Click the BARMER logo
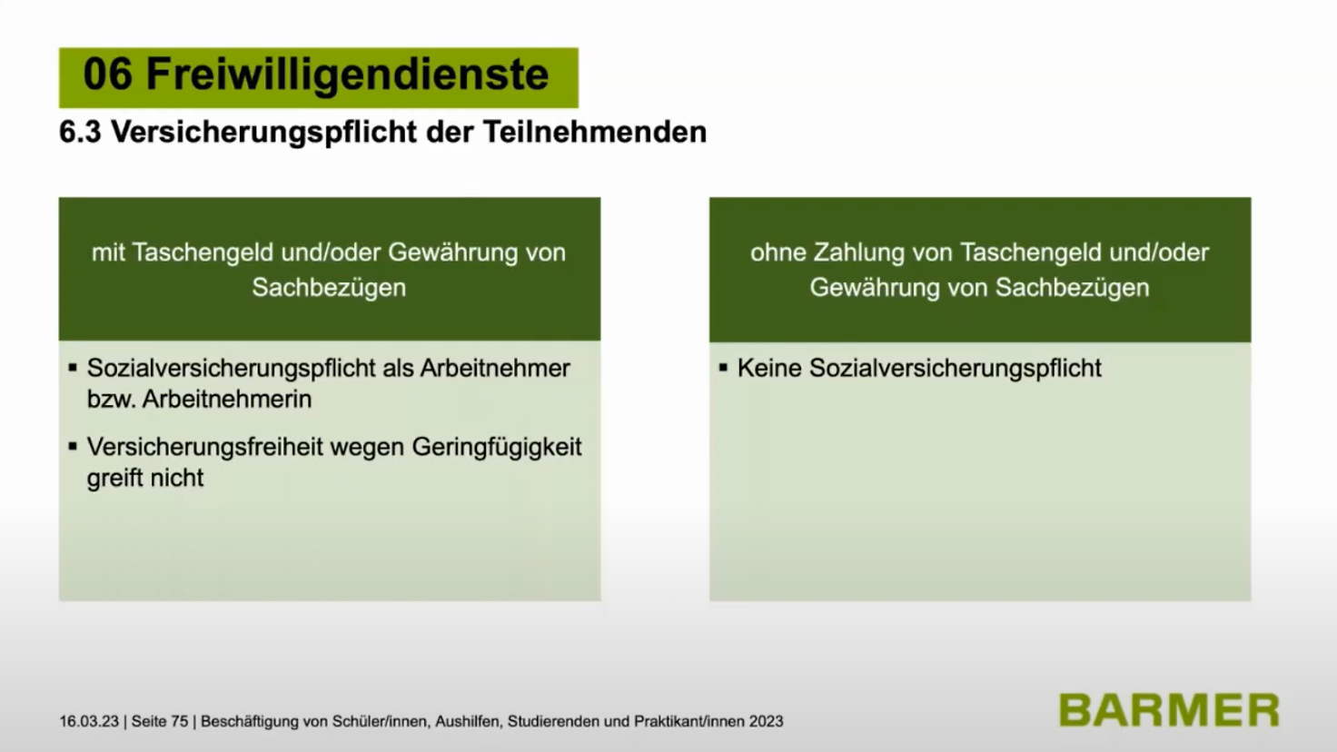point(1169,710)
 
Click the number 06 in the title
point(107,74)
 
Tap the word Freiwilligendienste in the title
point(347,75)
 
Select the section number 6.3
point(81,132)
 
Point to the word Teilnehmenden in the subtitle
point(595,132)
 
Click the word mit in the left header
point(108,252)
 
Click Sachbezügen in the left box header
point(329,288)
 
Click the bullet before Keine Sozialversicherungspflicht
point(723,367)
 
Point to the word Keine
point(769,368)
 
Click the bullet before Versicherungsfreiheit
point(73,446)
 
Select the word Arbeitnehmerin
point(227,400)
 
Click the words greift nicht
point(145,479)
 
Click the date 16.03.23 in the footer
point(89,721)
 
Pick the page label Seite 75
point(159,721)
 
